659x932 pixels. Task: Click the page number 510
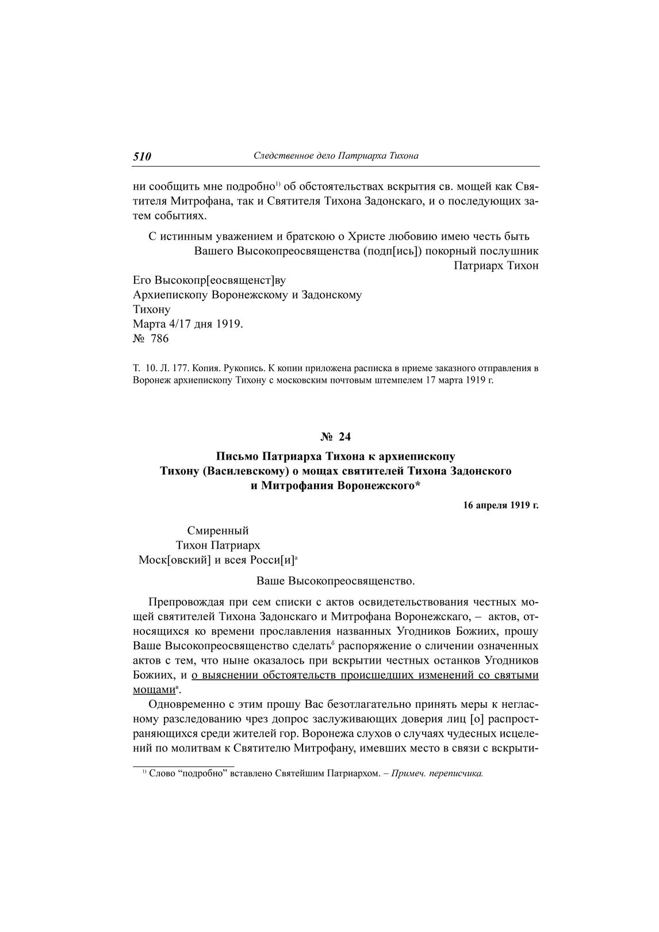(142, 156)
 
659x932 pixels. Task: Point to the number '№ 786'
(151, 338)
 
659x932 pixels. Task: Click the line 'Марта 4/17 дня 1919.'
(188, 324)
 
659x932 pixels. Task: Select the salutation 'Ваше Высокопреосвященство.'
(335, 581)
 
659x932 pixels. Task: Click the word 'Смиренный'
(218, 530)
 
